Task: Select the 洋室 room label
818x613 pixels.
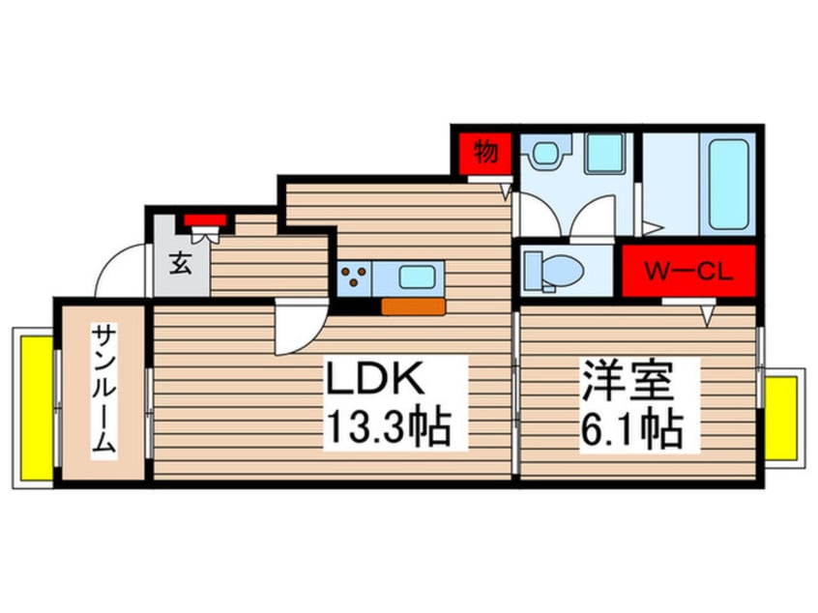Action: coord(627,380)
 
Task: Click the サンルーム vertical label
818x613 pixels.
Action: coord(104,392)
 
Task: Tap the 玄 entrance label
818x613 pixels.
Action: coord(181,262)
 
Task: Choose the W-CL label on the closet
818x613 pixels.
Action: coord(687,271)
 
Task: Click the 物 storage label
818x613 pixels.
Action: coord(485,152)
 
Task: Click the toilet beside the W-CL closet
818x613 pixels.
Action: coord(551,270)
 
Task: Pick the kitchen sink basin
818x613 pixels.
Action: coord(418,277)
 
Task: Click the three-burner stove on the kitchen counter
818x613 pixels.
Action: coord(354,277)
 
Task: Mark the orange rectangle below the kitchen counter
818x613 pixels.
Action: coord(413,306)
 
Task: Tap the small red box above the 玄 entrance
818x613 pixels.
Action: coord(204,219)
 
